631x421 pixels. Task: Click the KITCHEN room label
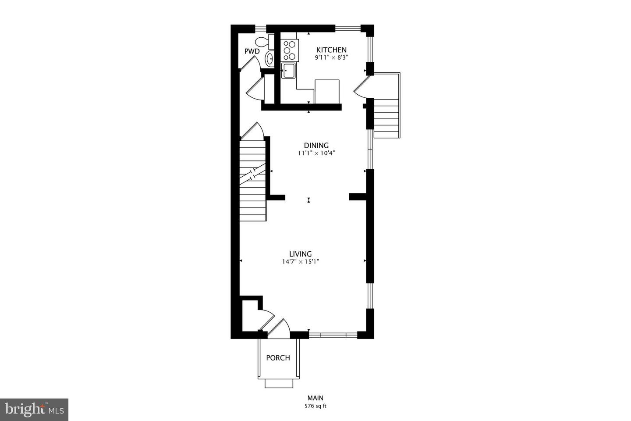coord(331,50)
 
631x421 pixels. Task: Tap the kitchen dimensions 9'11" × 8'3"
coord(331,57)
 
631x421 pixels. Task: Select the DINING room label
coord(316,146)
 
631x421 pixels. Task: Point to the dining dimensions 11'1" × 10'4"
coord(316,153)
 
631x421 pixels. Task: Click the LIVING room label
coord(300,254)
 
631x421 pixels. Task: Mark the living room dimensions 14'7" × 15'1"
coord(300,262)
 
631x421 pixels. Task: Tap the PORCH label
coord(278,358)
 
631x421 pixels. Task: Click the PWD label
coord(252,51)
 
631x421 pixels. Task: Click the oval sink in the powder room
coord(269,58)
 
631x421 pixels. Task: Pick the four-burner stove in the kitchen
coord(290,50)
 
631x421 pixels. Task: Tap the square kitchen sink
coord(288,71)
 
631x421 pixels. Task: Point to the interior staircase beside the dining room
coord(252,180)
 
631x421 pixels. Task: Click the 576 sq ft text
coord(315,406)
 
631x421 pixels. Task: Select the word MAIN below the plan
coord(315,398)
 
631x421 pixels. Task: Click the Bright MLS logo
coord(34,410)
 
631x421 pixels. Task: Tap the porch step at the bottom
coord(279,384)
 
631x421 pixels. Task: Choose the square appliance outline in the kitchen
coord(327,90)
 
